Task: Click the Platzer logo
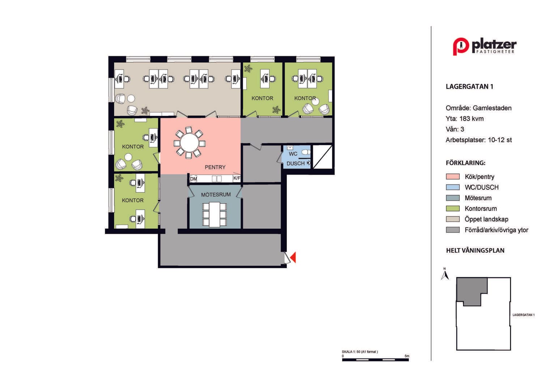(x=485, y=46)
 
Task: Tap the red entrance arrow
(x=293, y=257)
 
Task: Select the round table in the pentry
(x=190, y=143)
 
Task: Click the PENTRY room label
(x=215, y=167)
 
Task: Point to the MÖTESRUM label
(x=216, y=195)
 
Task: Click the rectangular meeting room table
(x=214, y=215)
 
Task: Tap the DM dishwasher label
(x=193, y=179)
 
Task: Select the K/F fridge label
(x=237, y=178)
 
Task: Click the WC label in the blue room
(x=293, y=154)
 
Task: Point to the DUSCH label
(x=295, y=164)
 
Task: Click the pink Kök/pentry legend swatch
(x=453, y=177)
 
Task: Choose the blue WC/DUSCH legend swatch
(x=453, y=187)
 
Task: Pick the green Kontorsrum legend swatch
(x=453, y=209)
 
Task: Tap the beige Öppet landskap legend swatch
(x=453, y=219)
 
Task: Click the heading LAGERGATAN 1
(x=469, y=87)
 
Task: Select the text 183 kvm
(x=472, y=119)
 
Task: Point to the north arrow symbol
(x=445, y=274)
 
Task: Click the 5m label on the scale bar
(x=407, y=356)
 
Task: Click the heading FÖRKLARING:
(x=465, y=163)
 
